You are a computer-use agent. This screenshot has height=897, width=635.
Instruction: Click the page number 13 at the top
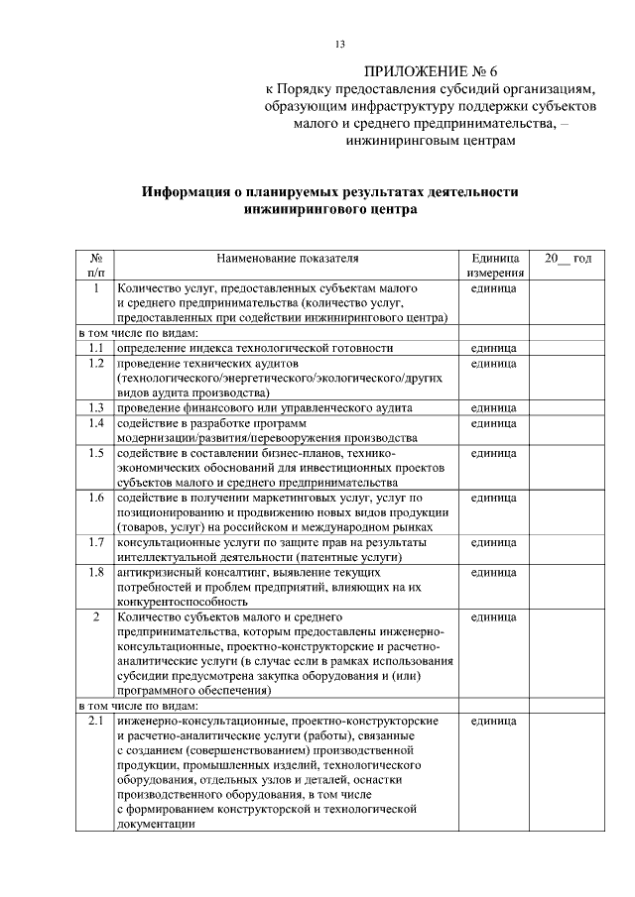(x=339, y=44)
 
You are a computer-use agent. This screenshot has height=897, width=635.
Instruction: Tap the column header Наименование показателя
(x=288, y=258)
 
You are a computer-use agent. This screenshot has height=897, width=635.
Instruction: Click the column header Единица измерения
(x=493, y=265)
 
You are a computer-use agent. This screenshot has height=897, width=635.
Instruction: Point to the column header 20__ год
(x=568, y=258)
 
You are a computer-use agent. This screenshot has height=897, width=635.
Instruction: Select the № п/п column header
(x=95, y=265)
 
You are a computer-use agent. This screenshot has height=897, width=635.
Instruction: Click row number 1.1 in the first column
(x=95, y=348)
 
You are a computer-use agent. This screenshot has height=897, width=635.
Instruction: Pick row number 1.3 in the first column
(x=95, y=407)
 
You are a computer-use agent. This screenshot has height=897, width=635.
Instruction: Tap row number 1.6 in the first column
(x=95, y=497)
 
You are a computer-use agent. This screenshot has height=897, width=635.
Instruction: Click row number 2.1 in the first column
(x=95, y=720)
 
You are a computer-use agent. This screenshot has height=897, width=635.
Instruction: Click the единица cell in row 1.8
(x=493, y=572)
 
